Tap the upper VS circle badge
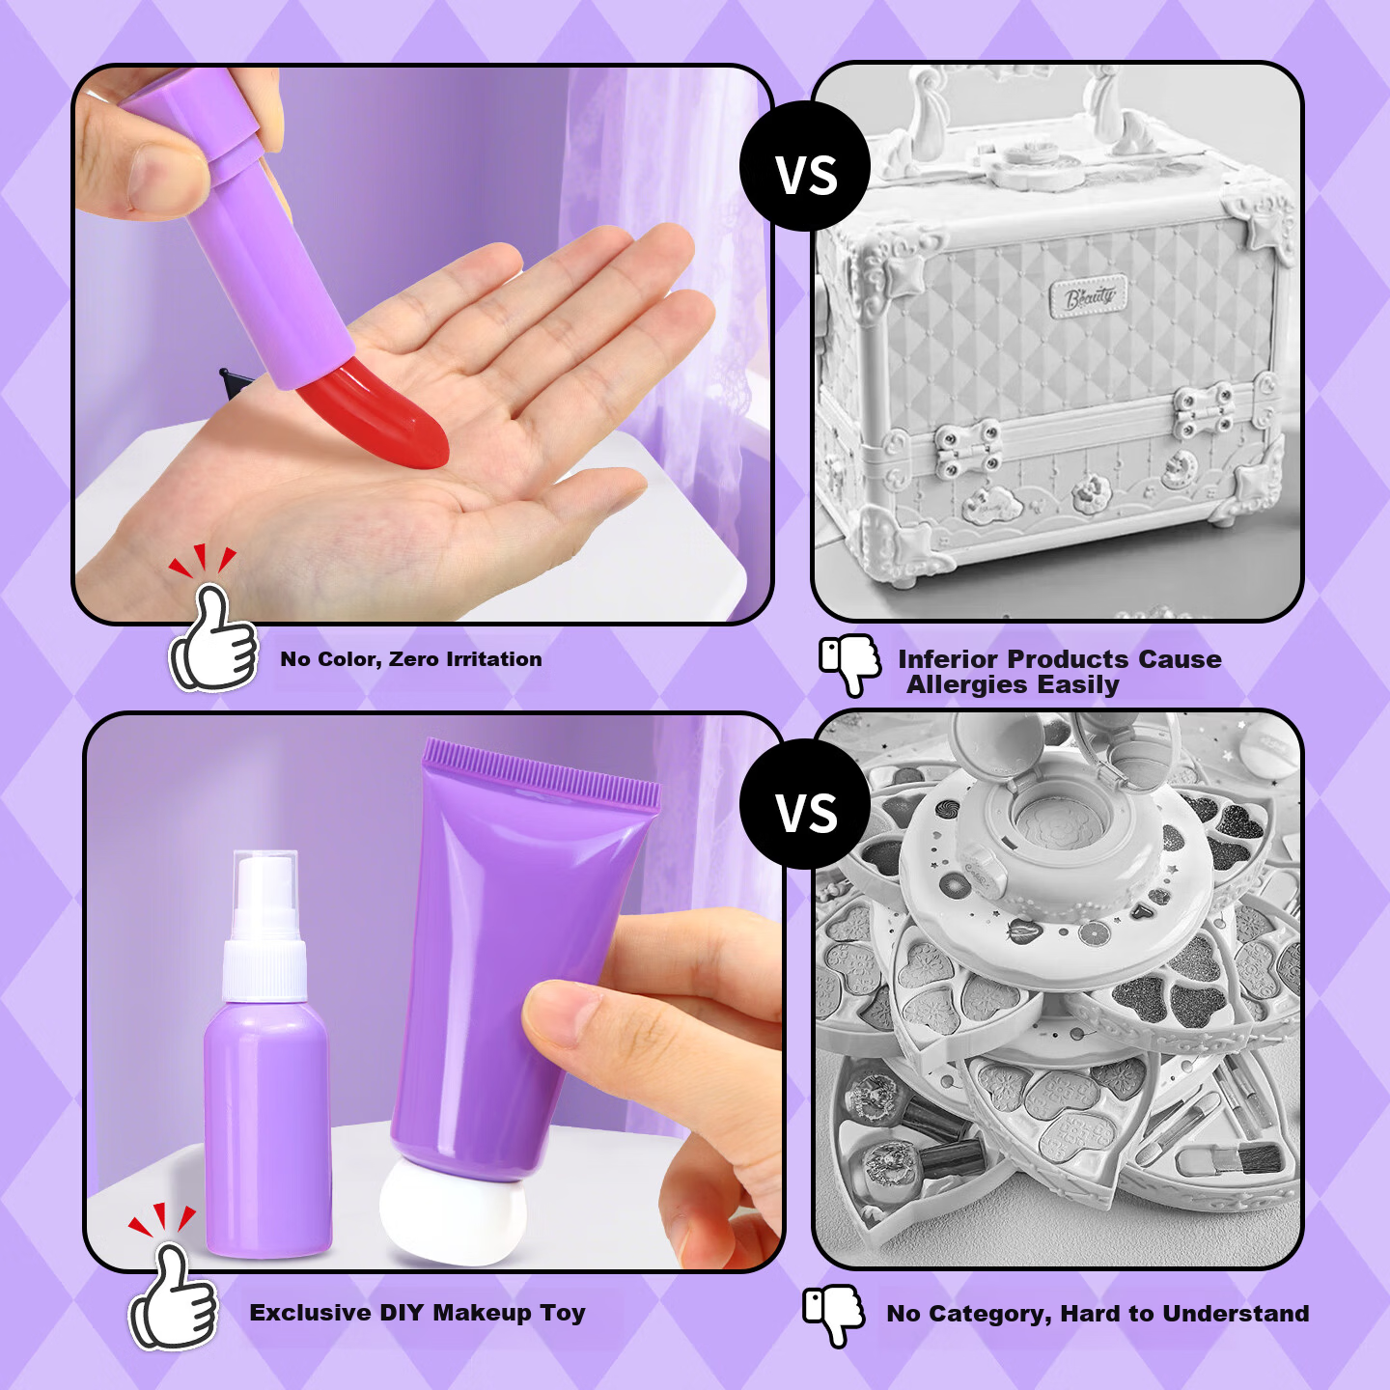click(x=805, y=167)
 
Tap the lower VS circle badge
click(x=805, y=803)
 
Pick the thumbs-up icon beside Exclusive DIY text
click(x=173, y=1297)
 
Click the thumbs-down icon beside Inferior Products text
click(x=849, y=664)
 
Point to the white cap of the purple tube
click(x=454, y=1221)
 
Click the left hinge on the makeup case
click(x=967, y=450)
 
